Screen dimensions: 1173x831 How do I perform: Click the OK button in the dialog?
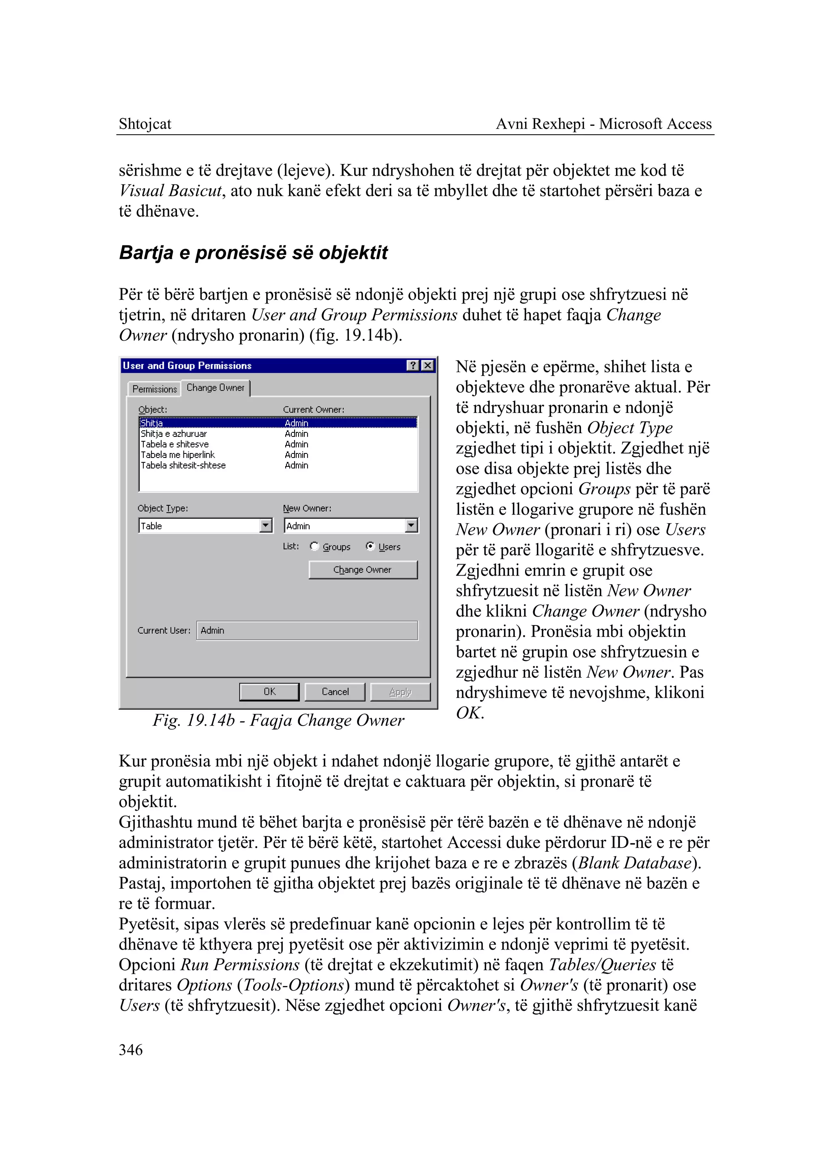click(269, 692)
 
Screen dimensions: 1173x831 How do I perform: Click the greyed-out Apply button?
click(400, 692)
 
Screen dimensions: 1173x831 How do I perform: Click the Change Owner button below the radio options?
click(363, 570)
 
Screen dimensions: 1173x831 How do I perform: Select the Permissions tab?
click(154, 389)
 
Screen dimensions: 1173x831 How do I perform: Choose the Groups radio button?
click(314, 546)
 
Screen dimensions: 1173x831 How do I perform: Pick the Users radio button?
click(370, 546)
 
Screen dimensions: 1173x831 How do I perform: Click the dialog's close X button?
click(427, 365)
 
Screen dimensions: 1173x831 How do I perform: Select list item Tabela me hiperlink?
click(178, 455)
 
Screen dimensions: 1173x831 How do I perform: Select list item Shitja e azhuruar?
click(174, 434)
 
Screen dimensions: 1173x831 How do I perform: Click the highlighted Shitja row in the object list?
click(152, 423)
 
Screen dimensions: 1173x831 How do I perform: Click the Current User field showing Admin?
click(307, 630)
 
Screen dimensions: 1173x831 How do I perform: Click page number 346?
click(131, 1050)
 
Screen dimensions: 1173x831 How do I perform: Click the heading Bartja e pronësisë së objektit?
click(253, 253)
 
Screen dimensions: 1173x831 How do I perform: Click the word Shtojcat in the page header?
click(145, 124)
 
